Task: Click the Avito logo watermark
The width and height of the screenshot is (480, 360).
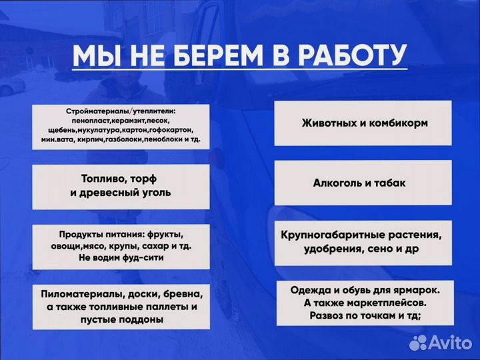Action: pos(441,343)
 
